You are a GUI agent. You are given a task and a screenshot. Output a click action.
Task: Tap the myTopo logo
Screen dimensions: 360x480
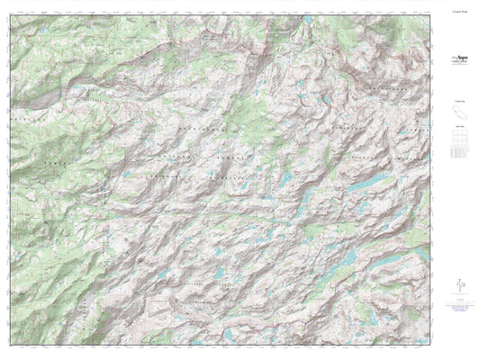tap(458, 58)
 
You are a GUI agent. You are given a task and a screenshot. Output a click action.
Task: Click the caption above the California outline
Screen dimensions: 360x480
tap(458, 101)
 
